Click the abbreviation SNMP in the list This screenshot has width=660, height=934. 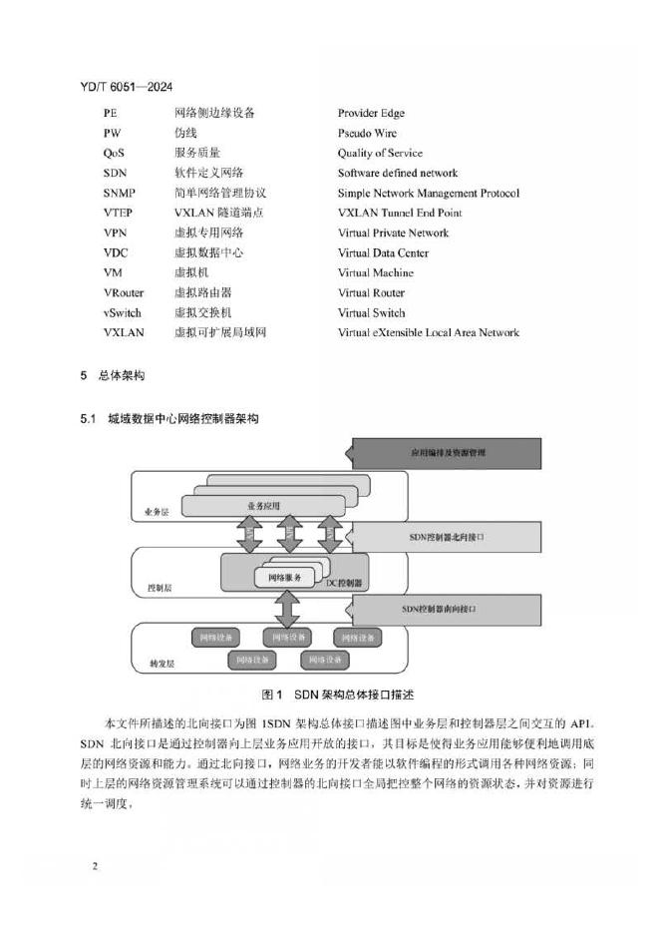click(119, 194)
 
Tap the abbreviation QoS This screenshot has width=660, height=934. click(114, 154)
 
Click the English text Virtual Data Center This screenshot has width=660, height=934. click(383, 253)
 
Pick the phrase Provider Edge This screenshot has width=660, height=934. click(371, 114)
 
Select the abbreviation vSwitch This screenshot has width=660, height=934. click(123, 313)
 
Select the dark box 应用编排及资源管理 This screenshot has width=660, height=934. click(447, 453)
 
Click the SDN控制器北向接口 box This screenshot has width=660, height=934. click(447, 537)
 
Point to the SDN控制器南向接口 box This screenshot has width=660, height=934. click(447, 608)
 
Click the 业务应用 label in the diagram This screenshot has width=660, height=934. click(265, 507)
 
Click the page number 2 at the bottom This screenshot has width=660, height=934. click(95, 866)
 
